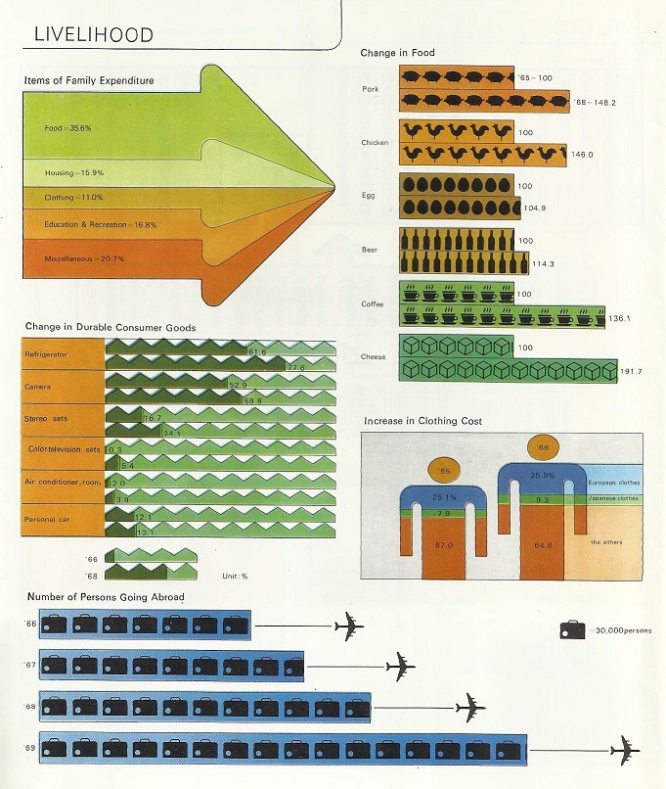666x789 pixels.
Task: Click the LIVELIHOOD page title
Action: (94, 34)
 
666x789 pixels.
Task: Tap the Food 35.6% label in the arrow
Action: (67, 128)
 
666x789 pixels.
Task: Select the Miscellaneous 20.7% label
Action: (84, 258)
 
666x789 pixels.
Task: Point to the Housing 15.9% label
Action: (74, 172)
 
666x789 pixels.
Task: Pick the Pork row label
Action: (371, 89)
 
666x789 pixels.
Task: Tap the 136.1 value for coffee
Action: (619, 318)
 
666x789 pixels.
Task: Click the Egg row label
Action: (369, 195)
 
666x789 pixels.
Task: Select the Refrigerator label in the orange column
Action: (46, 354)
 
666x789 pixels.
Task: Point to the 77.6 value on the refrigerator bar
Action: (296, 367)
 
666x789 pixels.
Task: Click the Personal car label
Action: (47, 519)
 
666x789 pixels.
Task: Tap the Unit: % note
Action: (236, 577)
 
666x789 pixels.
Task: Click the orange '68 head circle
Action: (543, 447)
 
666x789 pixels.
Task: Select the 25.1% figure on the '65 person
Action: (444, 497)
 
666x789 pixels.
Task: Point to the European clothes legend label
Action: (614, 483)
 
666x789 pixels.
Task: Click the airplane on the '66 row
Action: (349, 626)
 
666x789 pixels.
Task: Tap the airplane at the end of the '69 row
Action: (625, 751)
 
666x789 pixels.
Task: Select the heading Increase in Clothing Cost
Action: (422, 421)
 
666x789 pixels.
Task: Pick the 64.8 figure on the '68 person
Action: (544, 544)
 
